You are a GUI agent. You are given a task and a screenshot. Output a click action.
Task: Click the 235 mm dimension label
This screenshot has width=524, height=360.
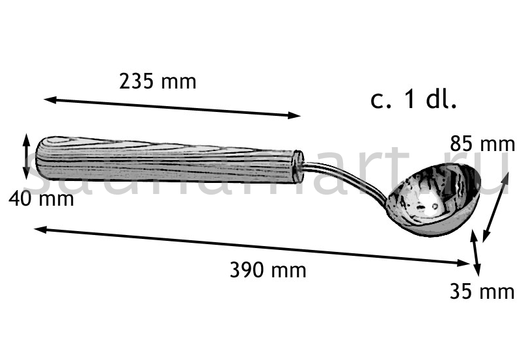158,81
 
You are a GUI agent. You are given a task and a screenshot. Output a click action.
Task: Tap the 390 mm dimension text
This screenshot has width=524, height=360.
268,270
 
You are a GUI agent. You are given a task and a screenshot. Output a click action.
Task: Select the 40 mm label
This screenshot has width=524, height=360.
41,199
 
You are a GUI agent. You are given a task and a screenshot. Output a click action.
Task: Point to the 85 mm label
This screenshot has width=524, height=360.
482,144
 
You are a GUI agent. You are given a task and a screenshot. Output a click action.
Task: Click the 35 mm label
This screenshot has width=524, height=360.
482,291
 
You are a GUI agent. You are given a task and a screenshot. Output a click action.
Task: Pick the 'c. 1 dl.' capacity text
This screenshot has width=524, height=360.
413,100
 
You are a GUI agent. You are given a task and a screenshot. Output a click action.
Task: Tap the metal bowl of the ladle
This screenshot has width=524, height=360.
434,200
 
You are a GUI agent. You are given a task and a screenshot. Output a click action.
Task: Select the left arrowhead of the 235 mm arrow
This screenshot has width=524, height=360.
49,99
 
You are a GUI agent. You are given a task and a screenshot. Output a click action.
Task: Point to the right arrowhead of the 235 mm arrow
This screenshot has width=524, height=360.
294,116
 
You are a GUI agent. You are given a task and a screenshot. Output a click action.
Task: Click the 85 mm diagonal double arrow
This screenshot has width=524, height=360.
495,207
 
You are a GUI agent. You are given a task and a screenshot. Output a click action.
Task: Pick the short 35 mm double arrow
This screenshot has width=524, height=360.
476,253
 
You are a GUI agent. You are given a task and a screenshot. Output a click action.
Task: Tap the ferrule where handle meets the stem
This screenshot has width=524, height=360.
297,167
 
